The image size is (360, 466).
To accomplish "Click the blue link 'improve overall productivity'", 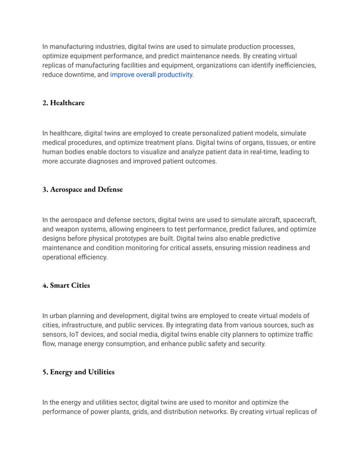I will [x=151, y=74].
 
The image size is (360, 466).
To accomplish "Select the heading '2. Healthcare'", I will [x=63, y=103].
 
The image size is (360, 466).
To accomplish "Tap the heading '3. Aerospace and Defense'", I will [x=82, y=190].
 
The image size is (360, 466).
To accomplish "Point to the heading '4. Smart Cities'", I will [x=66, y=285].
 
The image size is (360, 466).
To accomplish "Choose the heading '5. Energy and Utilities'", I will [x=78, y=372].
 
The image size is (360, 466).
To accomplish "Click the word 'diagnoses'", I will [x=113, y=161].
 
